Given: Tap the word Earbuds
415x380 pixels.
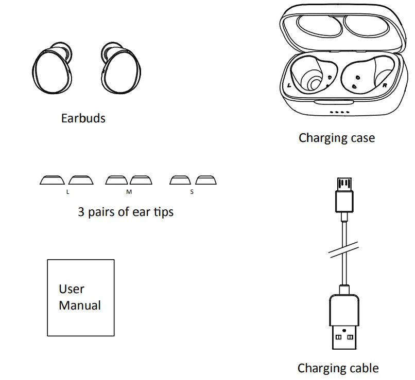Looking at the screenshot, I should point(83,118).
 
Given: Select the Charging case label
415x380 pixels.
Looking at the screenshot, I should point(337,138).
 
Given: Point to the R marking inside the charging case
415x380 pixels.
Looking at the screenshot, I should point(385,86).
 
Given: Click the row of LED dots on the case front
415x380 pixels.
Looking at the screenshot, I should point(340,112).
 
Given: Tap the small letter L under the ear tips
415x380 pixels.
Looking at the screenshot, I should point(67,192).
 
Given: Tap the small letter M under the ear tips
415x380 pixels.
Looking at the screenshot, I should point(129,192).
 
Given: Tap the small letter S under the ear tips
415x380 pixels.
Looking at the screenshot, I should point(192,192).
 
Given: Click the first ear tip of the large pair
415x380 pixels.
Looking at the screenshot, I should point(53,180).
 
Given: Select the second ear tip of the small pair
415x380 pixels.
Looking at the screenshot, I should point(206,180).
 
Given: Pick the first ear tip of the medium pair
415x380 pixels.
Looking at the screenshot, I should point(116,180).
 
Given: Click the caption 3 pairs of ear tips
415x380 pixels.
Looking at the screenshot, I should point(126,211).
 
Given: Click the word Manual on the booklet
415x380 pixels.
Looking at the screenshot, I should point(80,305).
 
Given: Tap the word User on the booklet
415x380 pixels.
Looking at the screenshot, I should point(72,289).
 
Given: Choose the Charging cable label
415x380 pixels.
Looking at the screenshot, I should point(338,368).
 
